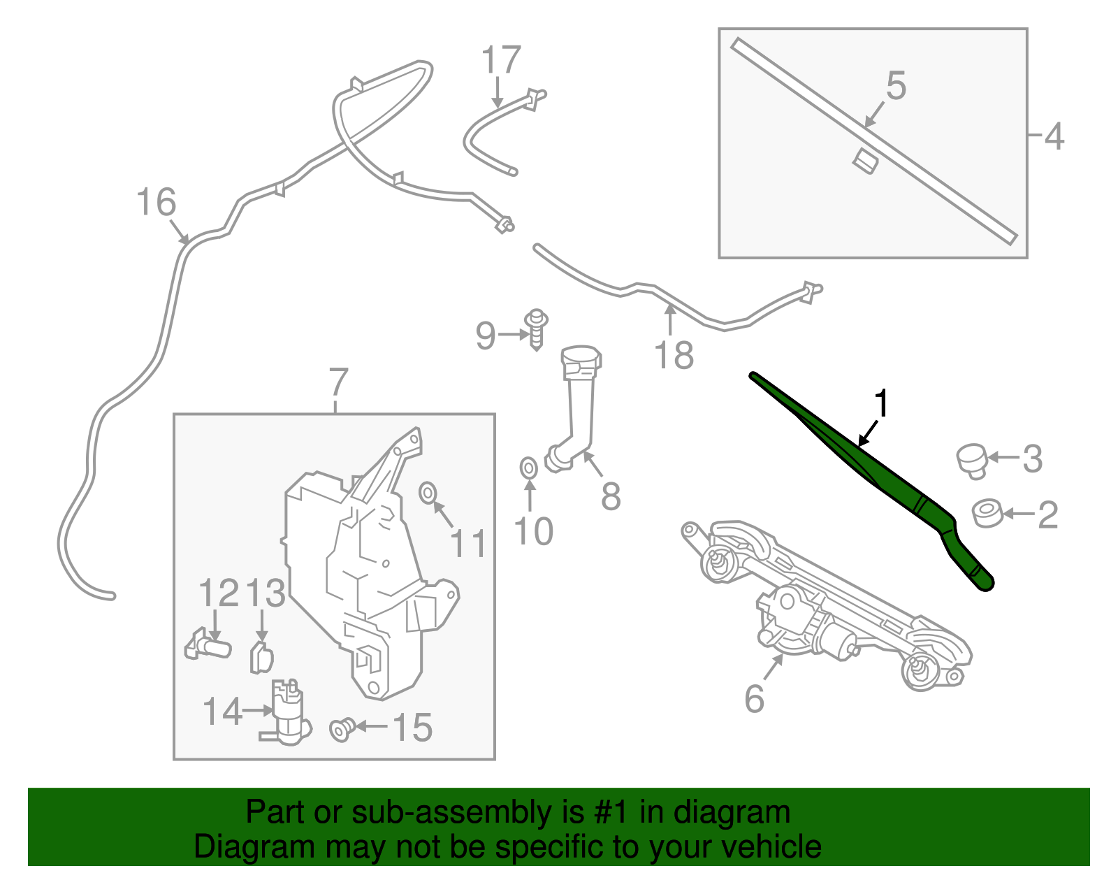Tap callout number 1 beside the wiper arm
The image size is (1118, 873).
tap(883, 404)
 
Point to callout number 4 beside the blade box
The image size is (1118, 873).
tap(1054, 136)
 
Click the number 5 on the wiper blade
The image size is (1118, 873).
tap(896, 86)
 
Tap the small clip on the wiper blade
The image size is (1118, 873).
tap(865, 161)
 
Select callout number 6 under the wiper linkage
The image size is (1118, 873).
tap(755, 698)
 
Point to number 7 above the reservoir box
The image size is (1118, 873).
tap(337, 382)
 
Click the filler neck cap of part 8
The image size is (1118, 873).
tap(581, 359)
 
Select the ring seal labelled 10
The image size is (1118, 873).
tap(529, 467)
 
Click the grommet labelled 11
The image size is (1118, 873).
tap(427, 493)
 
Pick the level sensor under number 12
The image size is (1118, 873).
tap(208, 645)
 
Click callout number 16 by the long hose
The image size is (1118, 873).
tap(156, 203)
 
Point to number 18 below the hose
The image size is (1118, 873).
tap(674, 355)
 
